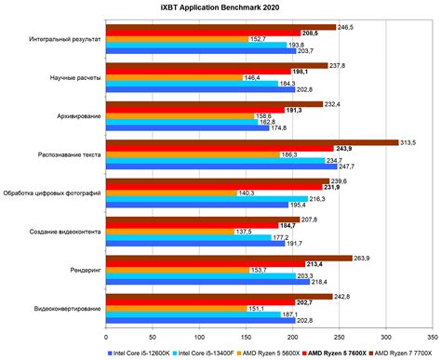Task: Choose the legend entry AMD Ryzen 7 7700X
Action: [402, 351]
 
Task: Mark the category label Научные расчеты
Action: [79, 79]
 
